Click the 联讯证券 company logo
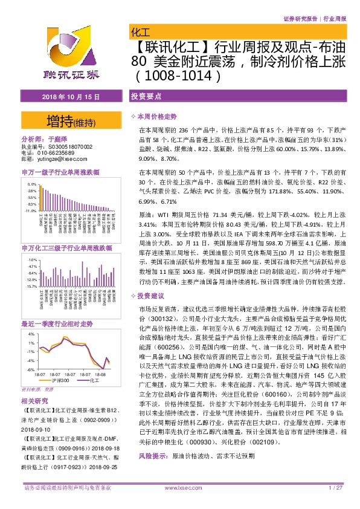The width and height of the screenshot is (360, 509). pyautogui.click(x=71, y=54)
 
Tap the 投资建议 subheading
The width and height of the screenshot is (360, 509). pyautogui.click(x=151, y=296)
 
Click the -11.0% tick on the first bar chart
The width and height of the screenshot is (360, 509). pyautogui.click(x=30, y=211)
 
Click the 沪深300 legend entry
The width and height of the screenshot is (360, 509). pyautogui.click(x=59, y=380)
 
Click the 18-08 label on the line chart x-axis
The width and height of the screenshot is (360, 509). pyautogui.click(x=100, y=375)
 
